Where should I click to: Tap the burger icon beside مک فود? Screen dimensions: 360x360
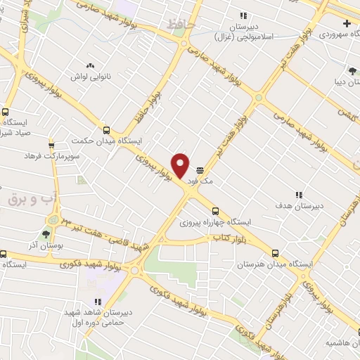(200, 170)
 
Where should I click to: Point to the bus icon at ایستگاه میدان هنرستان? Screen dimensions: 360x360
(275, 252)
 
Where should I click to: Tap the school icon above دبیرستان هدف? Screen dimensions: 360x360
(298, 195)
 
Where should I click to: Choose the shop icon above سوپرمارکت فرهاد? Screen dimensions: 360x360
(51, 146)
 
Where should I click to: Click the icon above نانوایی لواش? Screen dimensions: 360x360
(90, 64)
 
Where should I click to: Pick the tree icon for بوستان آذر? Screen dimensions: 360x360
(46, 235)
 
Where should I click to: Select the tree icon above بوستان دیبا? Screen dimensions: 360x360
(352, 70)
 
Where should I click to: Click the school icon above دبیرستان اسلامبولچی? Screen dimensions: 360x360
(243, 15)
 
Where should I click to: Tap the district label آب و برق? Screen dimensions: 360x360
(26, 200)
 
